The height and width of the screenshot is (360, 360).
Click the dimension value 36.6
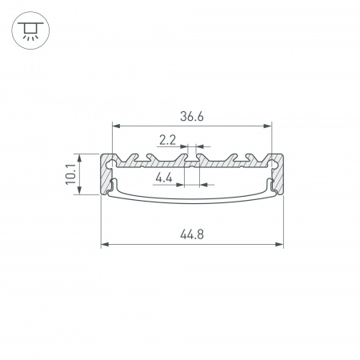pos(192,117)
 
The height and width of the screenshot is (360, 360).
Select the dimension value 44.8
pos(192,234)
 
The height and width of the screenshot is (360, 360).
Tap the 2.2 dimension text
pos(167,140)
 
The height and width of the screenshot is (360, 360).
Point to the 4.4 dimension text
pos(164,178)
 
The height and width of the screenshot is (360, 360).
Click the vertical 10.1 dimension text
pos(71,174)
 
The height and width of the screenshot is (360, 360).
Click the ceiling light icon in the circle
pos(30,30)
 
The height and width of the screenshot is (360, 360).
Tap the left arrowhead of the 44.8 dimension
pos(105,244)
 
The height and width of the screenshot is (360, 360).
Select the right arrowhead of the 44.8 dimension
pos(279,244)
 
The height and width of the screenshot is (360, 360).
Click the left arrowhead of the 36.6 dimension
pos(116,126)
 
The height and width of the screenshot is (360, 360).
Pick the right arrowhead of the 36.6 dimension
pos(267,126)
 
